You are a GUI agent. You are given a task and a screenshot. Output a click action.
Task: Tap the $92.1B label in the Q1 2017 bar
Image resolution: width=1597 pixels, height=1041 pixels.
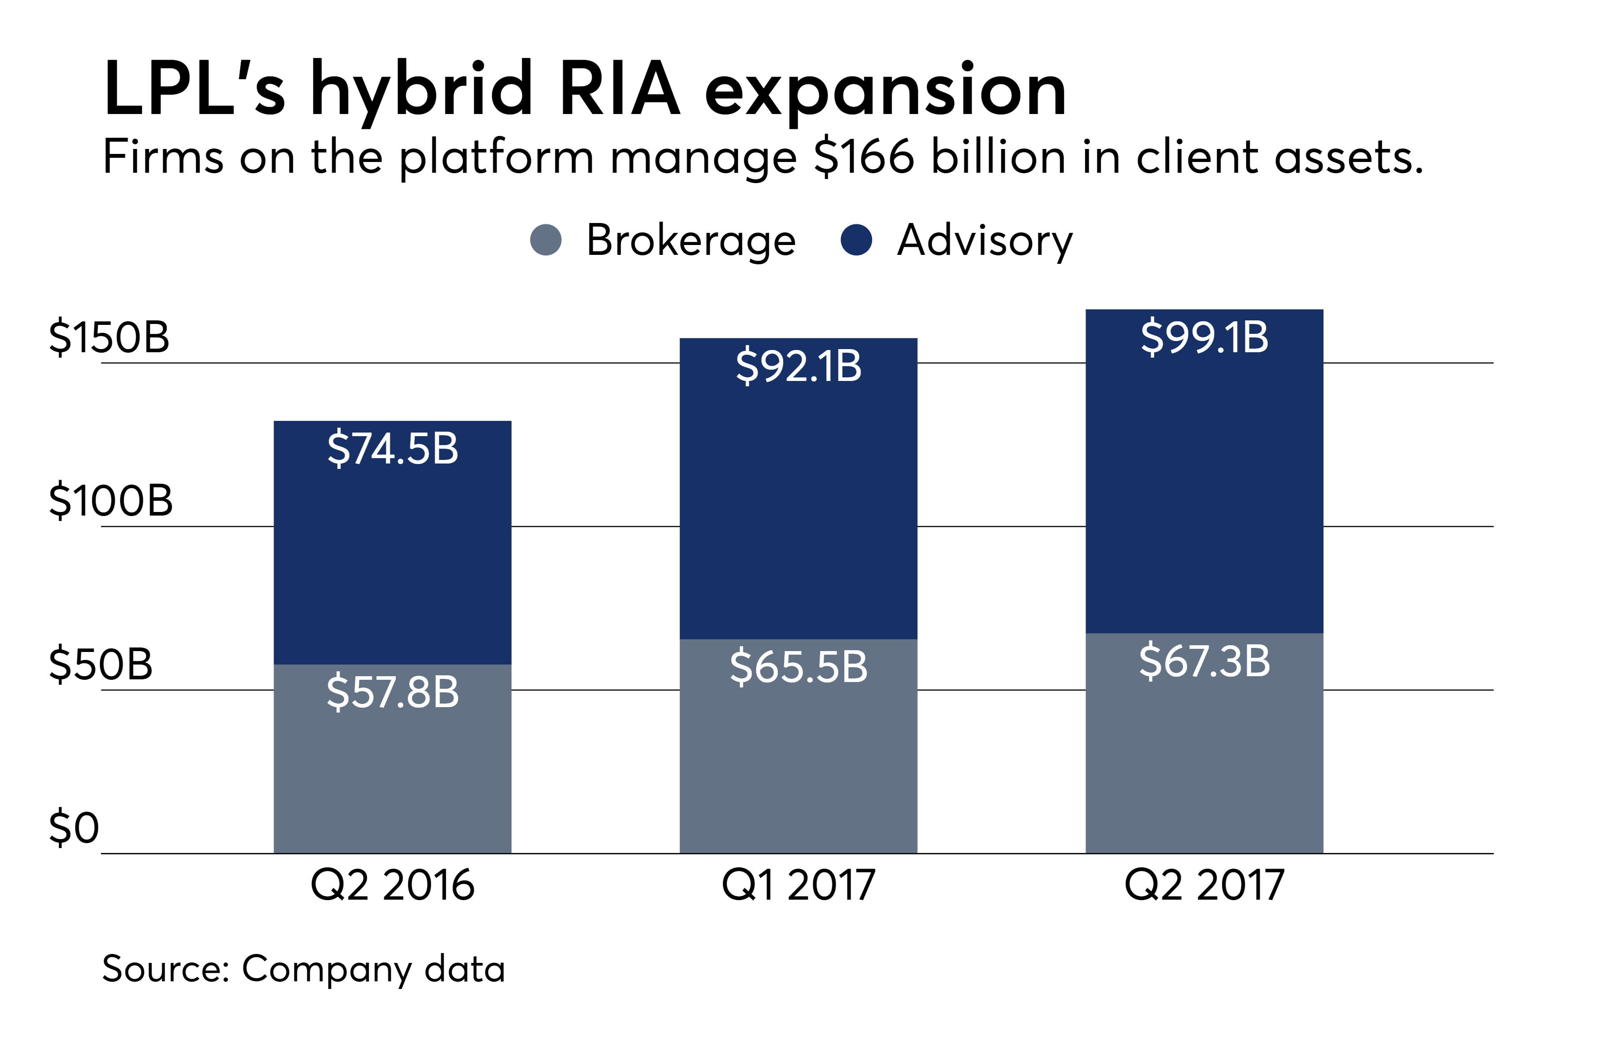[798, 367]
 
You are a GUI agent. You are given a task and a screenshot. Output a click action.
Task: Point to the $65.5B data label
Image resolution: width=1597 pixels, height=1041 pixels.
[798, 667]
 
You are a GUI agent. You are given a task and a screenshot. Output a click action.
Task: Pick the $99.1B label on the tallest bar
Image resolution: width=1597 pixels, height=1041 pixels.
[1204, 337]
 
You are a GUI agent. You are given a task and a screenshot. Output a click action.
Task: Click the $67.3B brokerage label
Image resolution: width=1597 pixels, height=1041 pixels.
[1204, 661]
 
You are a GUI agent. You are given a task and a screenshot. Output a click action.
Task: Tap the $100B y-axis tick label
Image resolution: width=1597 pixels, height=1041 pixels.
[111, 501]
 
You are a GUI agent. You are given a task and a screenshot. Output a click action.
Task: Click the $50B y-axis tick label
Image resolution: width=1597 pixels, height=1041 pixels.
[100, 665]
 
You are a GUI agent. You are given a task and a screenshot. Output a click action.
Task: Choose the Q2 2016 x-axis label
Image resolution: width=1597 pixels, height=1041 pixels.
[393, 885]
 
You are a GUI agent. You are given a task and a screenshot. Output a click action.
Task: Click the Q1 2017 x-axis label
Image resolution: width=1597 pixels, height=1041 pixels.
[798, 885]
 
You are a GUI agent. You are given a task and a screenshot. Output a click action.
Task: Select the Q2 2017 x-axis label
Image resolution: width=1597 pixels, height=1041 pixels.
[1204, 885]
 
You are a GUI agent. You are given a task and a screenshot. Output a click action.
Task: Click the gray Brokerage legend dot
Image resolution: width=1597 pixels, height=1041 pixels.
[545, 240]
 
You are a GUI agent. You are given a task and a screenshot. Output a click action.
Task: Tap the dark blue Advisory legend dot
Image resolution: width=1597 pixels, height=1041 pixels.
[856, 240]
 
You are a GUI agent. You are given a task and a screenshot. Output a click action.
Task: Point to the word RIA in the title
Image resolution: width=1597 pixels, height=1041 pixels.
[620, 88]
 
